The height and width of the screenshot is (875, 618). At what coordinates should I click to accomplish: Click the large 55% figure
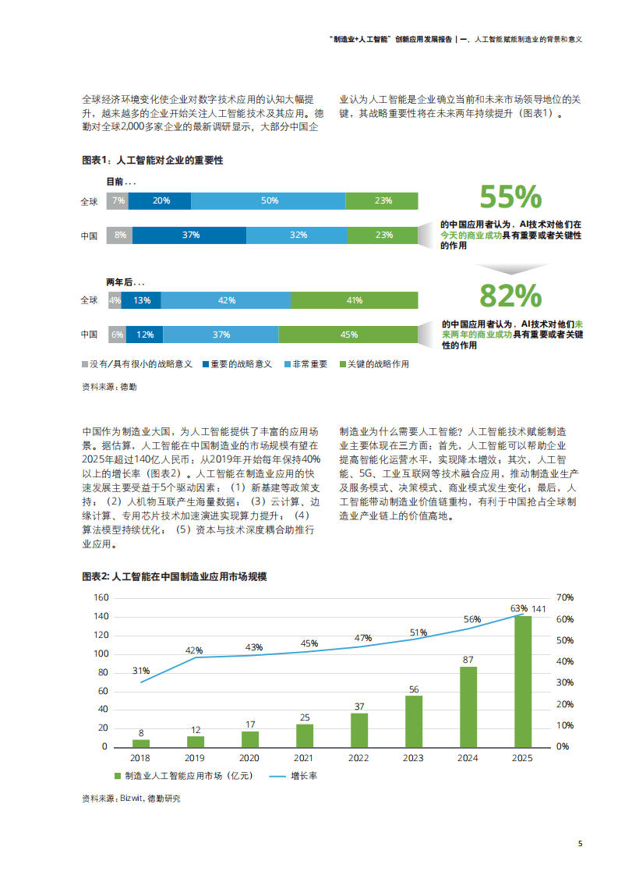[510, 197]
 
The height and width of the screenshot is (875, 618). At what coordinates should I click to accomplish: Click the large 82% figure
[510, 296]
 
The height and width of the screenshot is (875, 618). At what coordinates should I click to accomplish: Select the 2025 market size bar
[523, 681]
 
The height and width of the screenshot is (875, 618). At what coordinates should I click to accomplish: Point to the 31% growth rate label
[141, 671]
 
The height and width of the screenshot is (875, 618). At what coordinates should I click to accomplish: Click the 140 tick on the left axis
[101, 616]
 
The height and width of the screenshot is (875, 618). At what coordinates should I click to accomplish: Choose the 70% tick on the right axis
[565, 597]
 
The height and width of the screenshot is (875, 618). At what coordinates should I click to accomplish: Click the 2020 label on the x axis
[249, 758]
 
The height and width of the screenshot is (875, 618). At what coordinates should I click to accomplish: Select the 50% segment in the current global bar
[268, 201]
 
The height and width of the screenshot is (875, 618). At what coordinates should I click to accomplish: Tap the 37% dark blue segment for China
[189, 235]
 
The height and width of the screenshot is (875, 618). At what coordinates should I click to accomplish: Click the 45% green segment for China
[348, 335]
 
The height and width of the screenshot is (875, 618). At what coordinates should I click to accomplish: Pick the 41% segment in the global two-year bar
[354, 300]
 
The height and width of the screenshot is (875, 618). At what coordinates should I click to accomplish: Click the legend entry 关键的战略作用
[374, 364]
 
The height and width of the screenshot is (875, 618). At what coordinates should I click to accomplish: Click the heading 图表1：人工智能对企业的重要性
[152, 160]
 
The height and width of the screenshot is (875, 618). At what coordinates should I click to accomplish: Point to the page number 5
[580, 844]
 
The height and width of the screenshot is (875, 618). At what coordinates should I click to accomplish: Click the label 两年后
[125, 282]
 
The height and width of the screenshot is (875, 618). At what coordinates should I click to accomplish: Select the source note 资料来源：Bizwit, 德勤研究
[130, 799]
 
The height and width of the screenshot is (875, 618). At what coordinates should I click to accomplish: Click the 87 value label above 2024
[468, 660]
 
